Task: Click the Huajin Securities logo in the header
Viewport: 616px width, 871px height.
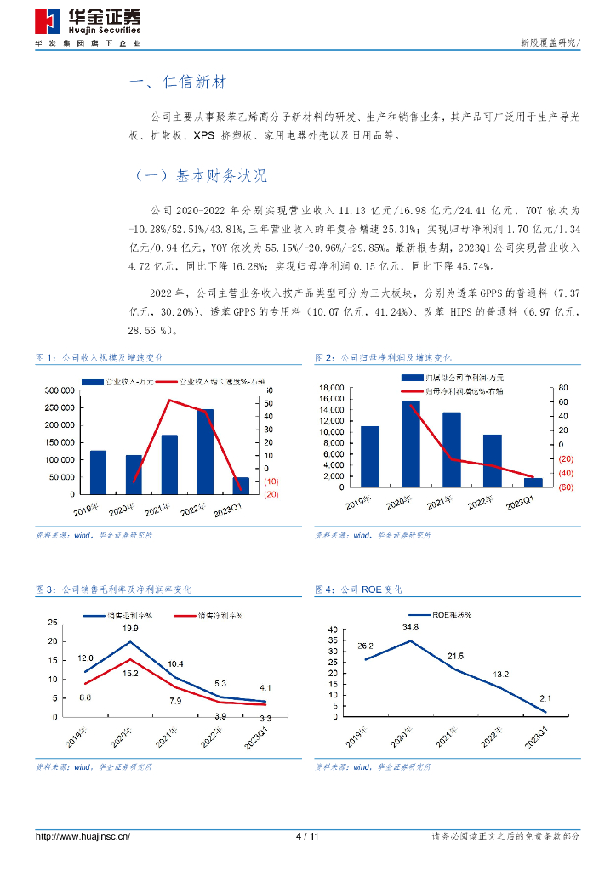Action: (88, 23)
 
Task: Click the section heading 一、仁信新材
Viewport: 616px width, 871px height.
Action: (178, 83)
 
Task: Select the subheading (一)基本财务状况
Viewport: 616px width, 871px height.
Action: (202, 176)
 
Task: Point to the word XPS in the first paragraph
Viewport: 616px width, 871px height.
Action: (204, 135)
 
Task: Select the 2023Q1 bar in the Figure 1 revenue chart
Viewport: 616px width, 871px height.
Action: (241, 485)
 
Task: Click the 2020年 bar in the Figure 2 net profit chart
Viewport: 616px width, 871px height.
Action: (410, 443)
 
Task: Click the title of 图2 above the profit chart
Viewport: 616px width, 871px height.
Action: (383, 358)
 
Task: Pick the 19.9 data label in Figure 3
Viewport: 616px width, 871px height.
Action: (130, 629)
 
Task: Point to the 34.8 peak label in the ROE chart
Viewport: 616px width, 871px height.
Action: (411, 628)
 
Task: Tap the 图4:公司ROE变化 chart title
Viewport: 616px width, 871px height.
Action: (358, 589)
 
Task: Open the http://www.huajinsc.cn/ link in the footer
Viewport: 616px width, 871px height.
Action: (83, 836)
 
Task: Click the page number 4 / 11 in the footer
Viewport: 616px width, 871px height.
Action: (306, 836)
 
